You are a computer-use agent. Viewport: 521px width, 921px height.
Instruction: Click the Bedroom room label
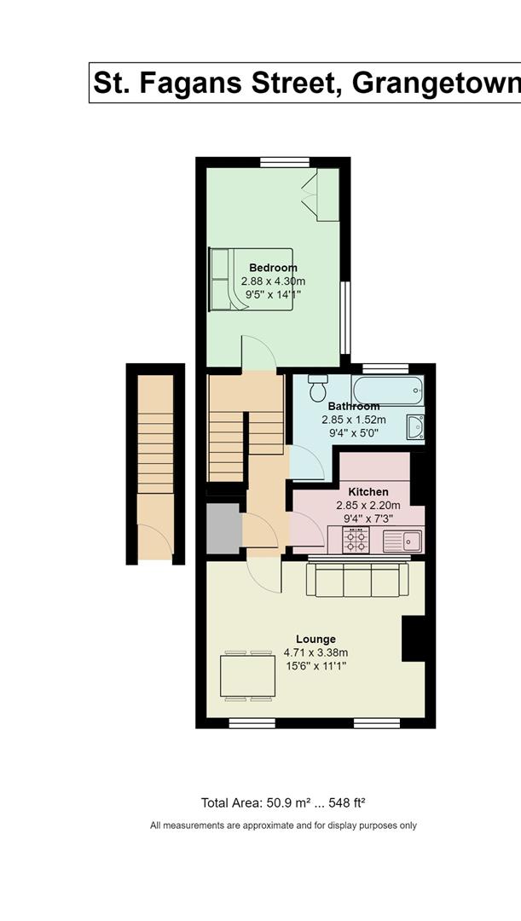pyautogui.click(x=273, y=268)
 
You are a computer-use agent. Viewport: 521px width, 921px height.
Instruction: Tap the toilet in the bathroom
pyautogui.click(x=318, y=388)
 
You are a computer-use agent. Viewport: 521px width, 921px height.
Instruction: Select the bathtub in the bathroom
pyautogui.click(x=388, y=390)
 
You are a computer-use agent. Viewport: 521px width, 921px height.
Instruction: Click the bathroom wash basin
pyautogui.click(x=416, y=427)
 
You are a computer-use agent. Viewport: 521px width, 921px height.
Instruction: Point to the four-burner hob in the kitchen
pyautogui.click(x=356, y=540)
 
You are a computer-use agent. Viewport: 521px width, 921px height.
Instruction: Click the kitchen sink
pyautogui.click(x=402, y=541)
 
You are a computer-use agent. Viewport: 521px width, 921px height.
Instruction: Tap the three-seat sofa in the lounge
pyautogui.click(x=358, y=580)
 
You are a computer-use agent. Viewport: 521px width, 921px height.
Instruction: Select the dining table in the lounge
pyautogui.click(x=248, y=675)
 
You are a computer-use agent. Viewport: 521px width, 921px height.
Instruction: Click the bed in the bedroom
pyautogui.click(x=252, y=279)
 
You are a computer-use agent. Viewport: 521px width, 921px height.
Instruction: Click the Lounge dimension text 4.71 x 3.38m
pyautogui.click(x=316, y=652)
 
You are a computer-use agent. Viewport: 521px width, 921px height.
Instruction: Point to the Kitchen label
pyautogui.click(x=368, y=492)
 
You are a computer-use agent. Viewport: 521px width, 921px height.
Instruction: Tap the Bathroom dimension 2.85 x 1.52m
pyautogui.click(x=354, y=420)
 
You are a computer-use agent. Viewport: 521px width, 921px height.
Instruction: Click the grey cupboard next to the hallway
pyautogui.click(x=223, y=528)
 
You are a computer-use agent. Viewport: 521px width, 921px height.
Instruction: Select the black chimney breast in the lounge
pyautogui.click(x=414, y=639)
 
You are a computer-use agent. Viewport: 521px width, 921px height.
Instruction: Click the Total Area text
pyautogui.click(x=284, y=803)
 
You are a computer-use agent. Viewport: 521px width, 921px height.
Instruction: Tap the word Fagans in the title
pyautogui.click(x=198, y=83)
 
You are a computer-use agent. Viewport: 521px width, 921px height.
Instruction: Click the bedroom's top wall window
pyautogui.click(x=285, y=162)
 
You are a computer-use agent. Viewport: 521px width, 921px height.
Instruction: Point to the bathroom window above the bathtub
pyautogui.click(x=385, y=369)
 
